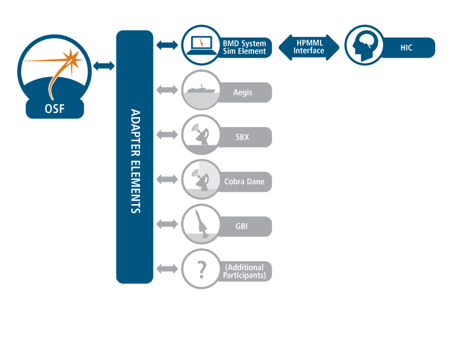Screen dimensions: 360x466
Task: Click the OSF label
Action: [x=55, y=109]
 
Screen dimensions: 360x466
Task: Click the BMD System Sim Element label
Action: [x=244, y=48]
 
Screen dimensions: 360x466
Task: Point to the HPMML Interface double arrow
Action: [x=309, y=47]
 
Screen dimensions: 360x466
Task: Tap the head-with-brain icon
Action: [x=363, y=45]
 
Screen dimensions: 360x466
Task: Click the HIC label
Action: [x=406, y=48]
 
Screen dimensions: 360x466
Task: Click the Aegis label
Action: [x=242, y=92]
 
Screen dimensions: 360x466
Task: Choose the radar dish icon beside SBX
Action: [x=201, y=135]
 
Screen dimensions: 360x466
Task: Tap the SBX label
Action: [x=242, y=137]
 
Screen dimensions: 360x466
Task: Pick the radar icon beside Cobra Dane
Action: [x=201, y=179]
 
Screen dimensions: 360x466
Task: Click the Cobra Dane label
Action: [x=244, y=182]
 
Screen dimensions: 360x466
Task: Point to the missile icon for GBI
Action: [x=201, y=224]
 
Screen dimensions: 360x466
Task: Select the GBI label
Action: [x=242, y=226]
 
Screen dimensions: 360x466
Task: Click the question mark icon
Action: [x=201, y=269]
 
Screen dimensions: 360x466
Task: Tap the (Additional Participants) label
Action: [x=245, y=271]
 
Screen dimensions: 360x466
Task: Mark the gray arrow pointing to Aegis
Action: [x=167, y=90]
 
